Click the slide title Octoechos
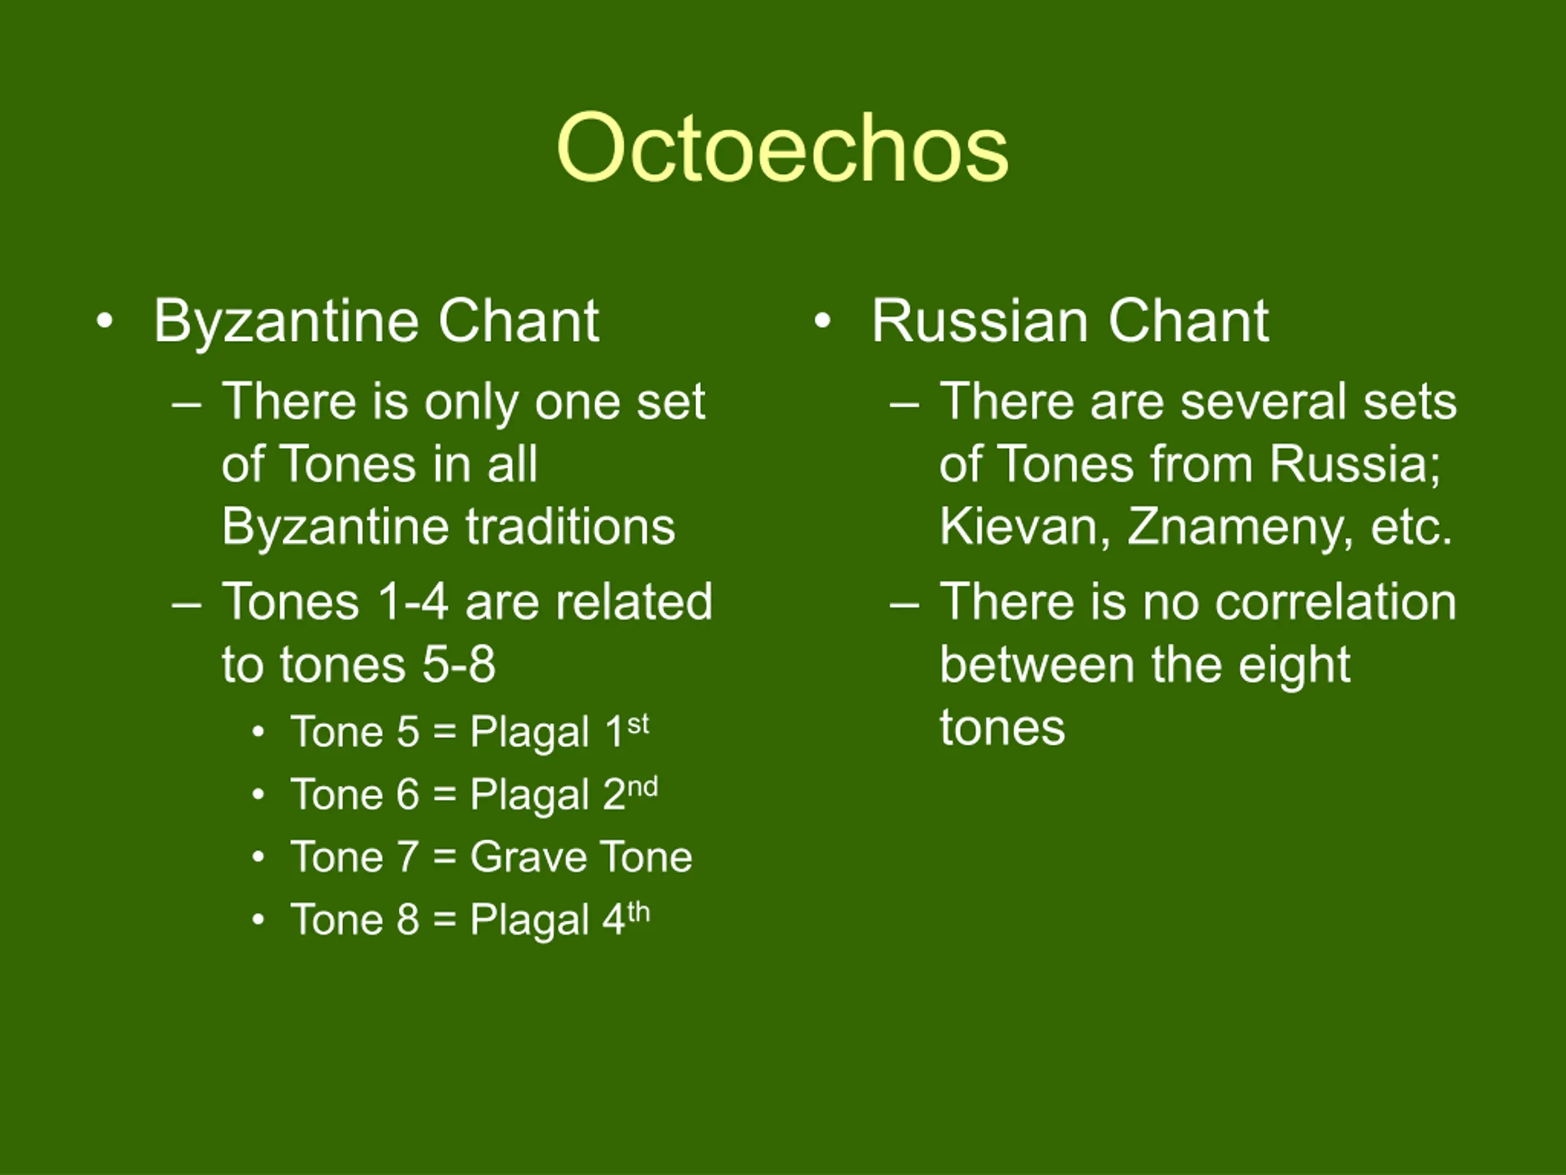click(782, 148)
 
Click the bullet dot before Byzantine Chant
click(105, 321)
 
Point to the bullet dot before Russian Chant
click(822, 321)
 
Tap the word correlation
click(1336, 602)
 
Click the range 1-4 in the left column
click(413, 602)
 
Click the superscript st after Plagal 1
click(638, 724)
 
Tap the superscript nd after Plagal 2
click(643, 787)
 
